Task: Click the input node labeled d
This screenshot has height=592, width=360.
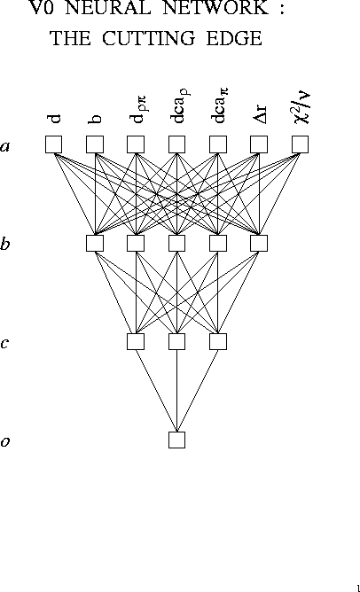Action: point(53,144)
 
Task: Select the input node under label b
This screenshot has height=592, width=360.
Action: point(95,144)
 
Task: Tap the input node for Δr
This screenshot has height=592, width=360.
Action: point(259,144)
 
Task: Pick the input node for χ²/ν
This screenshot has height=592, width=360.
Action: point(300,144)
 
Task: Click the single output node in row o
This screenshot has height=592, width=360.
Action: point(176,440)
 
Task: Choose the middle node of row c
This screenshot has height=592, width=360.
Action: point(176,341)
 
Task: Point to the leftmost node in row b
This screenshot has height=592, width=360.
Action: point(95,243)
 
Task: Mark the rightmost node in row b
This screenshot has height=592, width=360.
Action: point(259,243)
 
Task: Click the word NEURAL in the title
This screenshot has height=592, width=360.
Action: point(108,8)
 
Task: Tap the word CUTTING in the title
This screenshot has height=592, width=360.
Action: point(149,38)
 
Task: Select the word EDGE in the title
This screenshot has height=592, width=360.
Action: point(234,38)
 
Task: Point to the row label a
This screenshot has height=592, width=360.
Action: point(4,146)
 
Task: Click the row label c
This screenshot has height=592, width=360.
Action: point(4,343)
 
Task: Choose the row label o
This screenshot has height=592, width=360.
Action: point(4,441)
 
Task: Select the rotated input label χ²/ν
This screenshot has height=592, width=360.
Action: point(302,108)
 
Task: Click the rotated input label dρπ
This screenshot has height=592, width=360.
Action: point(138,110)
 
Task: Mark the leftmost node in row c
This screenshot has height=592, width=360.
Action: point(136,341)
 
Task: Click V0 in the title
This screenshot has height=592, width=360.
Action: point(42,8)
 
